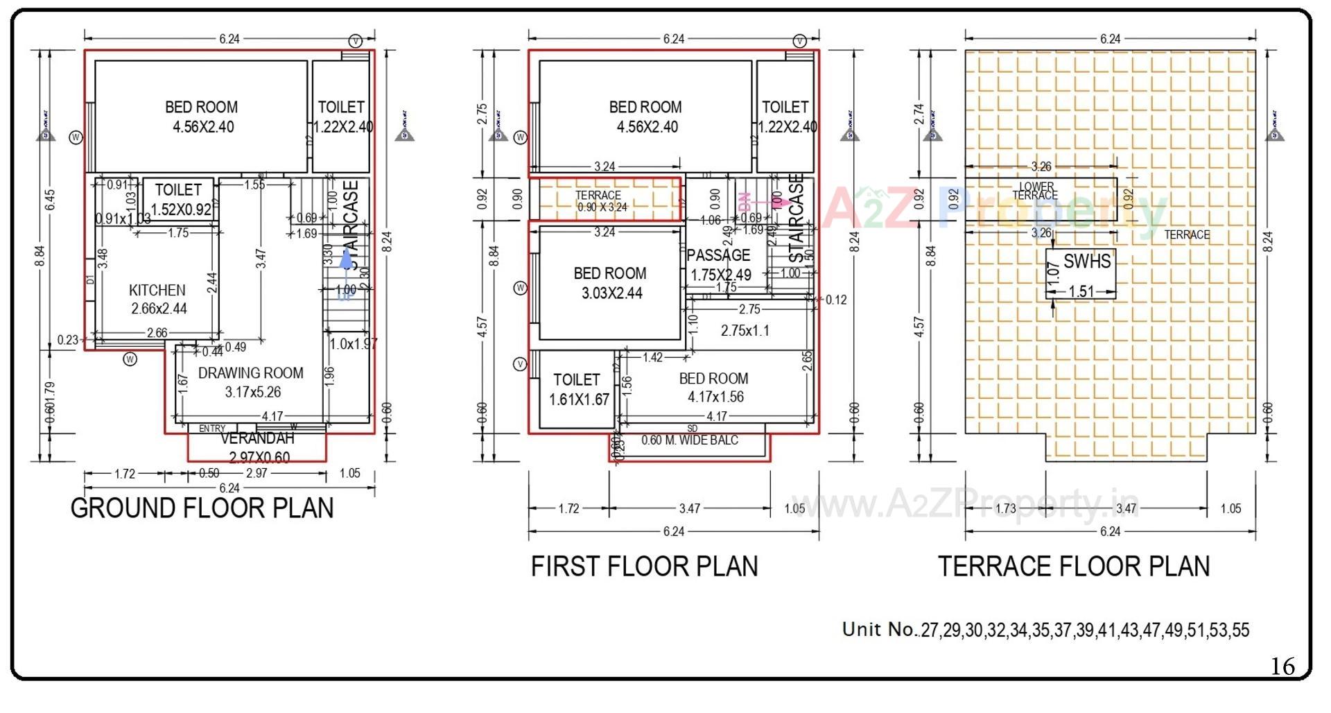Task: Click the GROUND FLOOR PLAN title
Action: (202, 508)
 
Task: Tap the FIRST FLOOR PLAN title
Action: (644, 566)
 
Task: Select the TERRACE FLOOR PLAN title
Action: (1074, 566)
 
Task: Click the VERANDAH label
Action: (257, 439)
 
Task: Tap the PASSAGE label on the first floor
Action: (719, 255)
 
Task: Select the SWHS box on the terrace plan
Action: (1081, 273)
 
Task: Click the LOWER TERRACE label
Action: (1036, 191)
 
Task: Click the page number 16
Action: (1282, 667)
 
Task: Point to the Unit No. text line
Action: (1045, 630)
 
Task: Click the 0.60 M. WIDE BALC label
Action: (690, 440)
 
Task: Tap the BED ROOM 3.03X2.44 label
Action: (610, 283)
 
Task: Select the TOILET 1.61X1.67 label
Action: (578, 389)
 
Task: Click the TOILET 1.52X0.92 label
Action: (180, 199)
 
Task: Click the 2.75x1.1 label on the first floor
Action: (745, 331)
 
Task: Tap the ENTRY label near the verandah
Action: (212, 429)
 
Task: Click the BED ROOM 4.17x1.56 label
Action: (715, 388)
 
